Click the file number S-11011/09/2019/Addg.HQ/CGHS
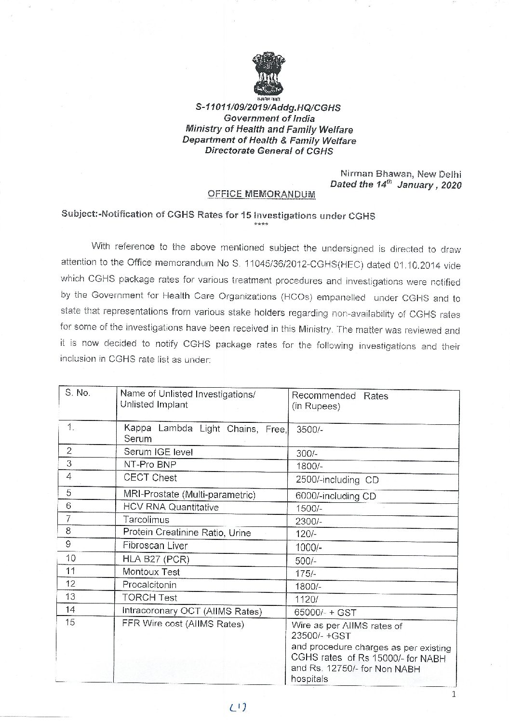[268, 107]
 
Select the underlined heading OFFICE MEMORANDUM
[261, 194]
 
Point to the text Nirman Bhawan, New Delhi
[401, 174]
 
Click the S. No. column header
[77, 393]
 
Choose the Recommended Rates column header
[340, 396]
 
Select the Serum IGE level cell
[158, 452]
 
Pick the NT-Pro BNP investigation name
[150, 465]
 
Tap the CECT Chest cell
[150, 478]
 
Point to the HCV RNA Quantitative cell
[171, 507]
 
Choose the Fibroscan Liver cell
[155, 546]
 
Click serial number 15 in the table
[70, 623]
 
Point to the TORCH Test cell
[150, 598]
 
